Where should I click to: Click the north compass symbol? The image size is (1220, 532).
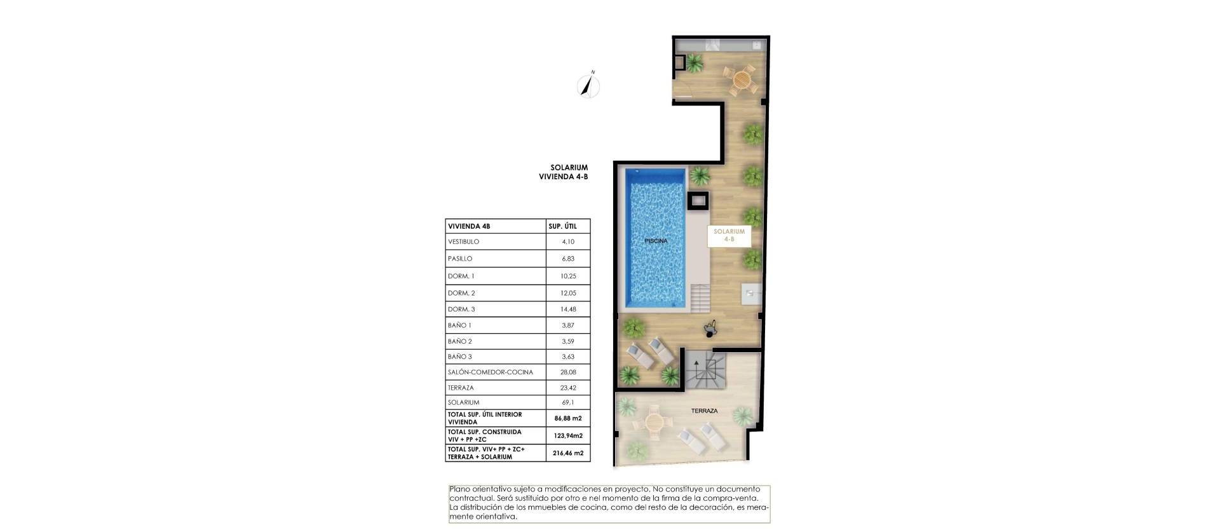(x=589, y=86)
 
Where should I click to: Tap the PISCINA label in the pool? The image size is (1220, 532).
(x=656, y=241)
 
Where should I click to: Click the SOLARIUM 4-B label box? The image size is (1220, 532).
(x=728, y=235)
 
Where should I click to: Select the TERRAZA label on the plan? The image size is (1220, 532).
(x=704, y=411)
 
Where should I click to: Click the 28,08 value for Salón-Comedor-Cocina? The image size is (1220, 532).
(x=567, y=372)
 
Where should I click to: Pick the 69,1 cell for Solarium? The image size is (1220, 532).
(x=567, y=402)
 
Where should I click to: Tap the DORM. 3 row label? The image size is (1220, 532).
(x=461, y=310)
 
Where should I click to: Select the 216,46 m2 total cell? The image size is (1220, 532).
(x=567, y=453)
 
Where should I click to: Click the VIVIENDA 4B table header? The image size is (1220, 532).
(x=469, y=226)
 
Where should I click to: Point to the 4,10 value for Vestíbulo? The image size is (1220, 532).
(x=567, y=242)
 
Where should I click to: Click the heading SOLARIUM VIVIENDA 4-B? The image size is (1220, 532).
(x=563, y=172)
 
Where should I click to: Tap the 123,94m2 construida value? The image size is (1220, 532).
(x=567, y=435)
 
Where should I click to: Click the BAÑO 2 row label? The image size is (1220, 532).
(x=459, y=341)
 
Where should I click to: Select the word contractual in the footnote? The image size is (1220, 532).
(x=470, y=498)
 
